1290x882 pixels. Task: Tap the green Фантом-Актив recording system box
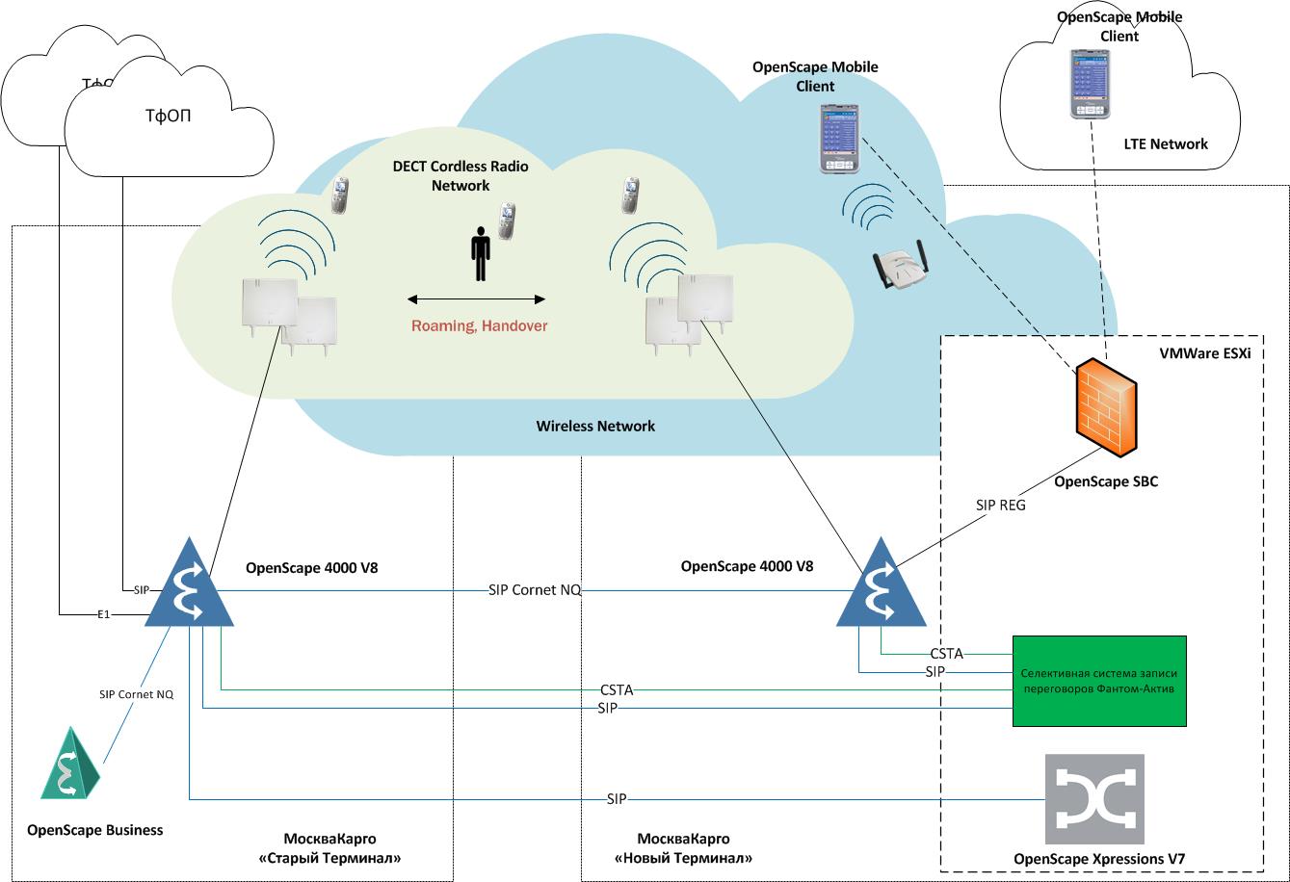1098,681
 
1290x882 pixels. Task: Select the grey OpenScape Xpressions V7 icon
1094,798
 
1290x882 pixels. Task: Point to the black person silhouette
480,253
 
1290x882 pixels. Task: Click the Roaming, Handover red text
479,325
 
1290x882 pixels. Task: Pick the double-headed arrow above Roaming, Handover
476,298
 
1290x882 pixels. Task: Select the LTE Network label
1165,144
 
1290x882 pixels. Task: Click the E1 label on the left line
103,613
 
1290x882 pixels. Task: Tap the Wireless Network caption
595,426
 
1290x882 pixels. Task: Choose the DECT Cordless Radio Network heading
461,175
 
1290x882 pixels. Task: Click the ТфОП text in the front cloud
168,117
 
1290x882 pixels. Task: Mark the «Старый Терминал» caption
329,858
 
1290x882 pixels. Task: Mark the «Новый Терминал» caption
683,858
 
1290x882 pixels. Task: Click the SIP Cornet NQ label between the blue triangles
535,590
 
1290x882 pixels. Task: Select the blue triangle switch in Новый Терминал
880,584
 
